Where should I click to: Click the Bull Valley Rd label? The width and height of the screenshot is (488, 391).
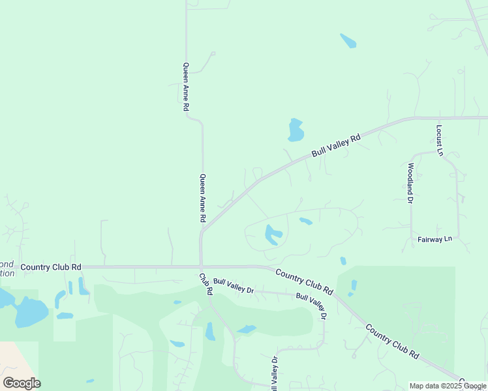[336, 145]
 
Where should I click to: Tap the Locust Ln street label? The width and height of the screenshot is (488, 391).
[440, 140]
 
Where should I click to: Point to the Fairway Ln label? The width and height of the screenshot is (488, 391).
[435, 240]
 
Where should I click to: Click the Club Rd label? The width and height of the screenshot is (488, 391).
[206, 283]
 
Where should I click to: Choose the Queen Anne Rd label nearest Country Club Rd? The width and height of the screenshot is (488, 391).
[203, 199]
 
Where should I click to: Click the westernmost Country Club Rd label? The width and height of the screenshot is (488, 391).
[51, 267]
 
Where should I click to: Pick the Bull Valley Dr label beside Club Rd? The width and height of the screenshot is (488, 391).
[233, 285]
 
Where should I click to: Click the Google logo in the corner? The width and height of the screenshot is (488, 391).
[22, 383]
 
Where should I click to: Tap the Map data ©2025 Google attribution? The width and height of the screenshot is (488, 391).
[448, 386]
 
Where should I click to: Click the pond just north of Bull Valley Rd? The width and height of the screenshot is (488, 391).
[296, 130]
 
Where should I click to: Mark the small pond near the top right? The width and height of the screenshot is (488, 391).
[348, 40]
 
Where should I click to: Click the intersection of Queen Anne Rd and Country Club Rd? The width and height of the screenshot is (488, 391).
[201, 267]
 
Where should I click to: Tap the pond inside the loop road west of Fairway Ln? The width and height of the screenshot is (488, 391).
[273, 235]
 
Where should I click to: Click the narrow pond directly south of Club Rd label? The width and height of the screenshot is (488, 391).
[210, 331]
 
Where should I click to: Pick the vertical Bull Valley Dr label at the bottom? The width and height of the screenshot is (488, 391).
[275, 374]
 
